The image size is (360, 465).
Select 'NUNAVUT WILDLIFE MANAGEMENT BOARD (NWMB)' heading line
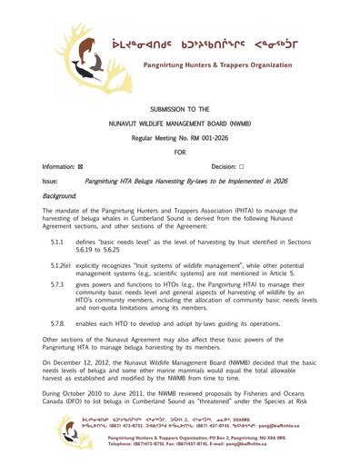click(179, 123)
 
